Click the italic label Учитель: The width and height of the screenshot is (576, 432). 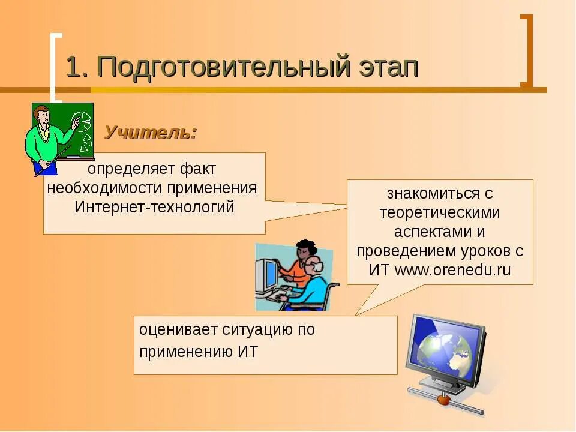tap(151, 133)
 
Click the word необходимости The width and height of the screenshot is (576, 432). tap(105, 188)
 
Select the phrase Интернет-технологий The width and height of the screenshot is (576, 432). tap(154, 207)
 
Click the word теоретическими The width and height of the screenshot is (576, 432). tap(439, 212)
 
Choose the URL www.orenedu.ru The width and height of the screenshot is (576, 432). tap(452, 269)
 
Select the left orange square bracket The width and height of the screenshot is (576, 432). tap(55, 66)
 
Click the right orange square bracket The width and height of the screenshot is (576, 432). tap(526, 51)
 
